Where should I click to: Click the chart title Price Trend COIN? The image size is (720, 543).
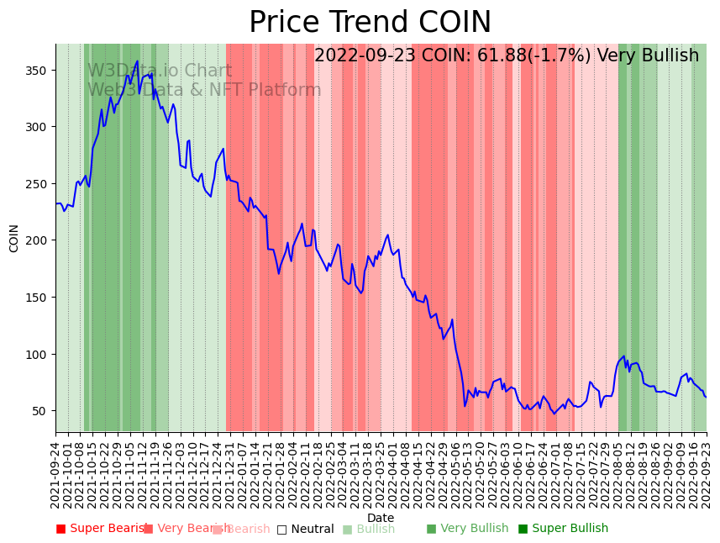click(370, 23)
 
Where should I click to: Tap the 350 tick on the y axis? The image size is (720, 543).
click(39, 70)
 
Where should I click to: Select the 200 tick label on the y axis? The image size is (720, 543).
click(39, 240)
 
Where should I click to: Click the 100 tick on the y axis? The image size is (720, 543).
click(39, 354)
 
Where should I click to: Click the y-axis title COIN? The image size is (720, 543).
click(14, 238)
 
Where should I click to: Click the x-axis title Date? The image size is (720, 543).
click(381, 518)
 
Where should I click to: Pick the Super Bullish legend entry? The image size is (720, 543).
click(563, 529)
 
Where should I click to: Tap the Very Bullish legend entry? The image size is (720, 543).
click(467, 529)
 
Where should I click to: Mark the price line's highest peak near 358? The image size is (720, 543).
click(138, 61)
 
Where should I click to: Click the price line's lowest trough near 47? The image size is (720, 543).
click(554, 414)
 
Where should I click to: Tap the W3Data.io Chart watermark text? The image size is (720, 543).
click(160, 71)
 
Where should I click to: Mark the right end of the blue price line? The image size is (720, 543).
click(706, 397)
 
